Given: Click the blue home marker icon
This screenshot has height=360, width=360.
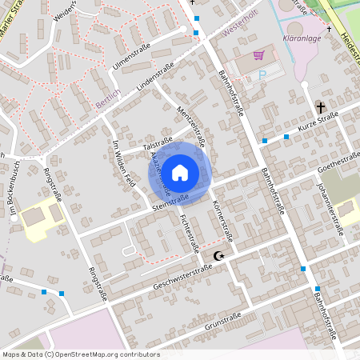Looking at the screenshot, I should point(180,171).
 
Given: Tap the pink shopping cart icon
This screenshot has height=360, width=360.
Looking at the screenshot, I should point(258,55).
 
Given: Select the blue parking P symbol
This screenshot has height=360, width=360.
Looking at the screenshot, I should point(262,74).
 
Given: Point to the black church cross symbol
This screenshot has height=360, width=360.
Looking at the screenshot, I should point(321,106).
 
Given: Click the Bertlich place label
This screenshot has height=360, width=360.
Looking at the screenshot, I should point(107,100).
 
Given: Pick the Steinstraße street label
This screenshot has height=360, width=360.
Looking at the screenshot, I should point(170,202).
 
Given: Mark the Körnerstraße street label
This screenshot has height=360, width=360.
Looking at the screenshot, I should point(222,217).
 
